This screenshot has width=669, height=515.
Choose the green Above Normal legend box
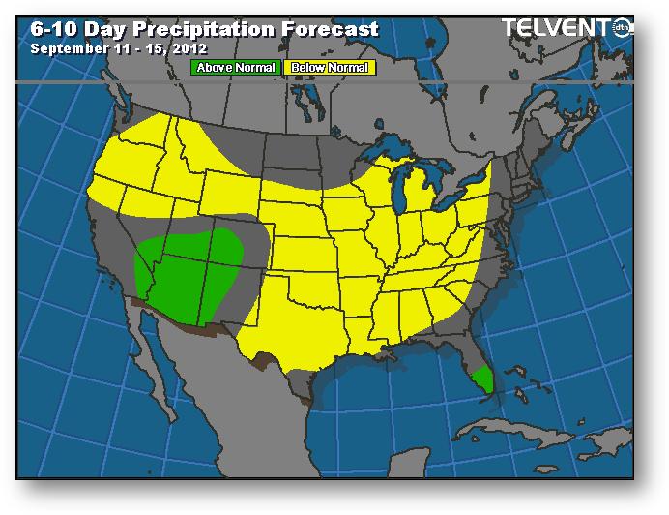click(236, 68)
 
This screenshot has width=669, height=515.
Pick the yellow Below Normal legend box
click(329, 68)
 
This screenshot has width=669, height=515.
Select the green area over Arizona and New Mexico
click(189, 266)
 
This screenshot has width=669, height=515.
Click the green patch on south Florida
click(482, 378)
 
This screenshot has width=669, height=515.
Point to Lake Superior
click(392, 155)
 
